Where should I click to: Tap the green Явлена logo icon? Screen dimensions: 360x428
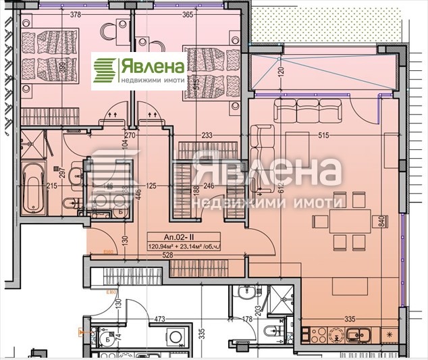click(x=105, y=70)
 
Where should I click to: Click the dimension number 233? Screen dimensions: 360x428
click(x=207, y=136)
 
